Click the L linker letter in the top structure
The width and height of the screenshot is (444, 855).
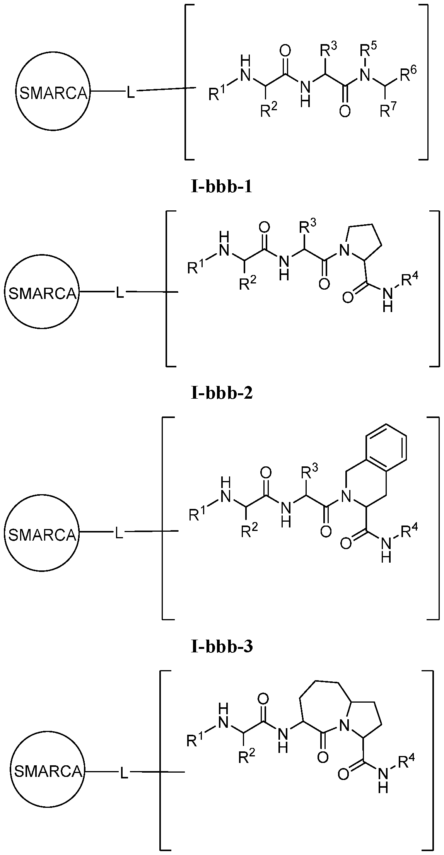click(131, 93)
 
